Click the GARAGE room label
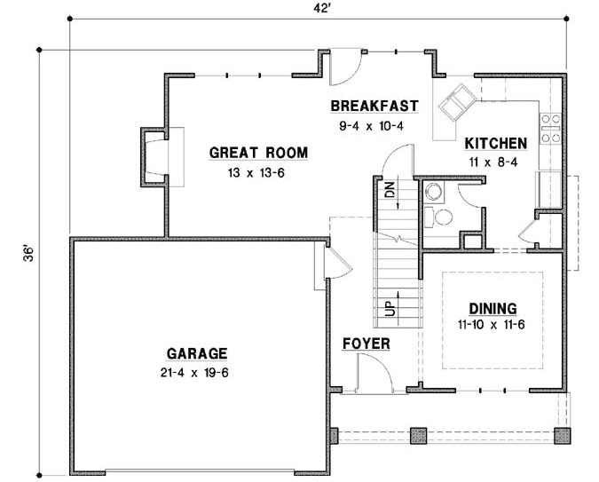193,352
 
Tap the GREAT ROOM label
258,153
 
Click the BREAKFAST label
374,107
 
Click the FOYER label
366,344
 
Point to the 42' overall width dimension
317,8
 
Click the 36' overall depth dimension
29,254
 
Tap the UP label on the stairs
389,309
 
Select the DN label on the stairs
389,188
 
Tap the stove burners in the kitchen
550,128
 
